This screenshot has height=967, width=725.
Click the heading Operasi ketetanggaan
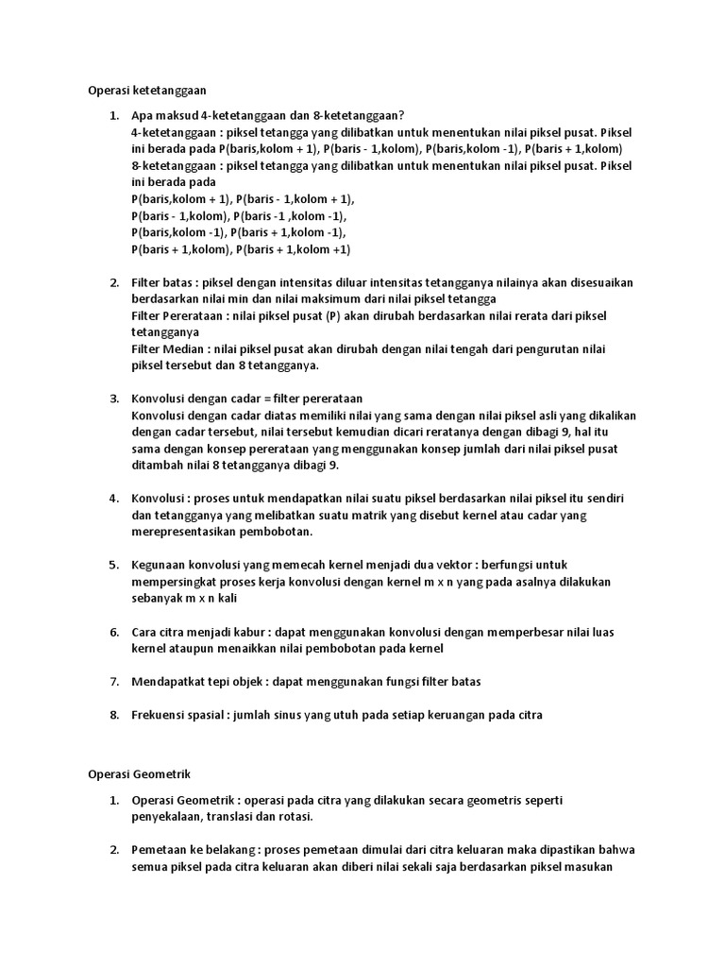[146, 91]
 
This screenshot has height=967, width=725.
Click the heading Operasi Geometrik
[139, 773]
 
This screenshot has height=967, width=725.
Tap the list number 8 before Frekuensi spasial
[113, 716]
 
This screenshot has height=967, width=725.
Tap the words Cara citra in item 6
[160, 631]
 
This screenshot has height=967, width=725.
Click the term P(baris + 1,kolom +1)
[294, 250]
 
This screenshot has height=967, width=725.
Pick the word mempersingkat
[175, 582]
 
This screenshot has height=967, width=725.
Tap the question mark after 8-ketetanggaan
[400, 116]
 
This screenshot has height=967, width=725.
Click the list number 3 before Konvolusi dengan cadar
[113, 399]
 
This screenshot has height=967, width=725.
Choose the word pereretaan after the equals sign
[331, 399]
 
